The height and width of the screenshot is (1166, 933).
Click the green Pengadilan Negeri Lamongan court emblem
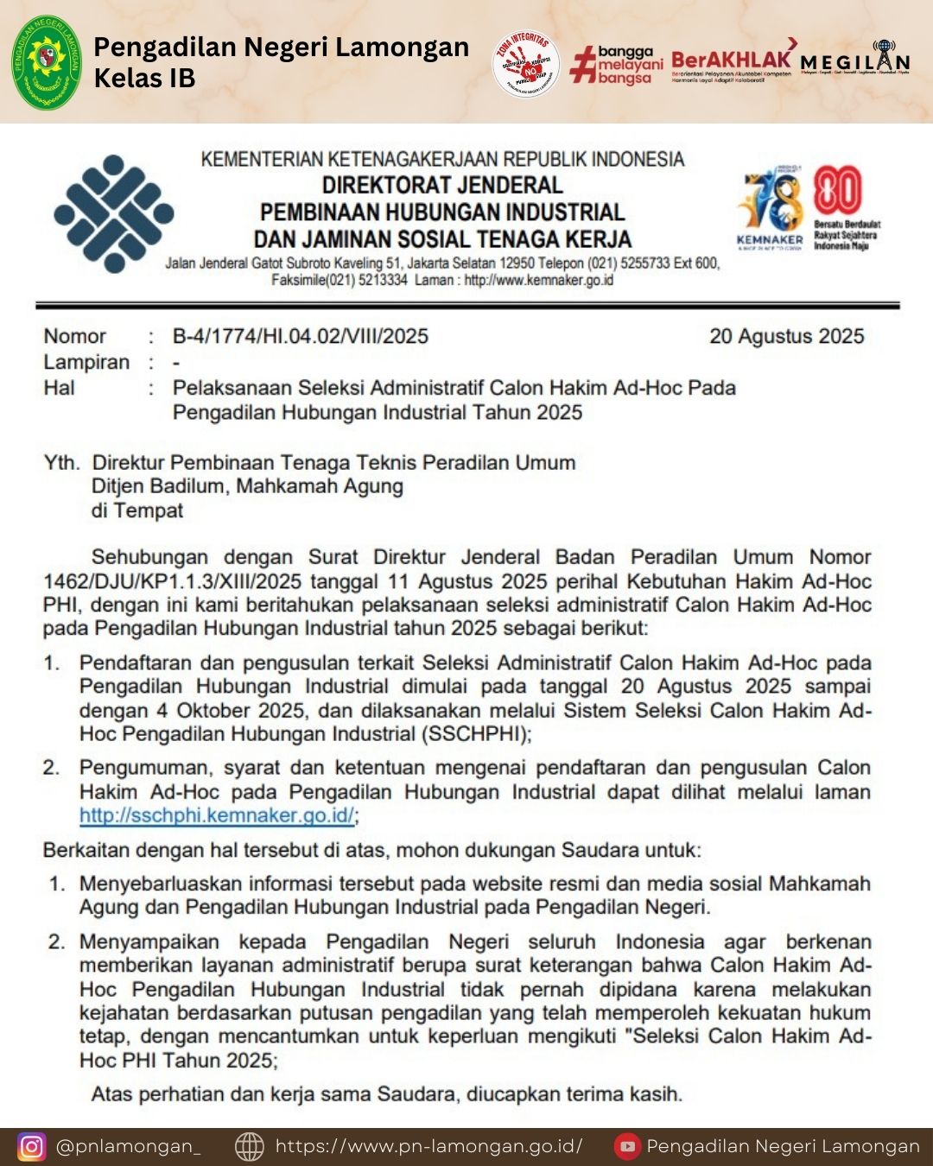[x=47, y=62]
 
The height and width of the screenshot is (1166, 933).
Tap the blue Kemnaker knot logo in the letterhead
[x=113, y=213]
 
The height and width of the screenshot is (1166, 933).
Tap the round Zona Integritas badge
[x=526, y=64]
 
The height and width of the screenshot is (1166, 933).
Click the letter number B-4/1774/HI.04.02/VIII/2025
[x=300, y=336]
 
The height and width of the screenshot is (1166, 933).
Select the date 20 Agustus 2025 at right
[x=786, y=336]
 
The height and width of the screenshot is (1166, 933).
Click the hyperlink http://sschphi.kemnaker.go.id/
[x=217, y=815]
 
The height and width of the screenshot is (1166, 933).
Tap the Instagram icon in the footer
[x=32, y=1146]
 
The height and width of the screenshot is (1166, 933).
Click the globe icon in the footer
[x=250, y=1146]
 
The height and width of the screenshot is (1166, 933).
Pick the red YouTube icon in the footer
[x=627, y=1146]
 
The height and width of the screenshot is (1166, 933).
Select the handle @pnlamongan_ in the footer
[x=129, y=1146]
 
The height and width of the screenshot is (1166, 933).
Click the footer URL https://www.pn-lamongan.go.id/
[x=428, y=1146]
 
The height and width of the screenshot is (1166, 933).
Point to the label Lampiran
[x=86, y=362]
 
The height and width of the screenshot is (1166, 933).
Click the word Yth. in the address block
[x=61, y=463]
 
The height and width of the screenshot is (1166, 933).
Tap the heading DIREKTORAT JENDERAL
[x=442, y=185]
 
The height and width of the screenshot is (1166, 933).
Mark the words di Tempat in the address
[x=137, y=510]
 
